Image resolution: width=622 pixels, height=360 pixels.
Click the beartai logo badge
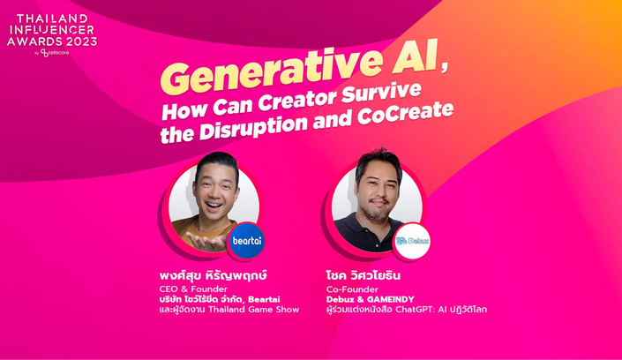246,241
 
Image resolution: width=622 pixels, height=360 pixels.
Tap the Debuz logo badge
412,241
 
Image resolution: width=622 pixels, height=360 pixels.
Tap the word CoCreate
405,114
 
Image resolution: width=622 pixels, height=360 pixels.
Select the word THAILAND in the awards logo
52,19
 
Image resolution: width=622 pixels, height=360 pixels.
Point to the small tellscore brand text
55,53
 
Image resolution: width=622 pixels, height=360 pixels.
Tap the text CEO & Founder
193,289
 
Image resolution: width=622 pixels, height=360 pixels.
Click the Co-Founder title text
352,289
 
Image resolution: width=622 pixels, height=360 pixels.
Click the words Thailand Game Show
253,310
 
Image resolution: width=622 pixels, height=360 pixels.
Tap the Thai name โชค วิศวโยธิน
363,276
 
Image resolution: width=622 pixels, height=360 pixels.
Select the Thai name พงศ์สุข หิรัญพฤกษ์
213,275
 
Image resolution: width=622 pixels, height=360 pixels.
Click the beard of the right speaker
378,214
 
